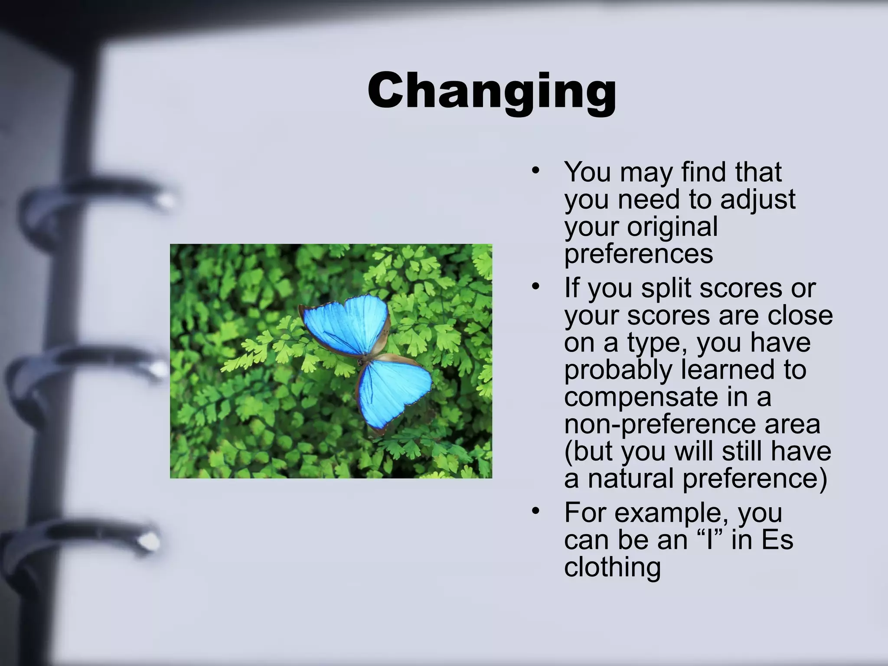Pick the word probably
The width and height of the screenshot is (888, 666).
[x=618, y=370]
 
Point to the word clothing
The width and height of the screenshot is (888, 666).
[x=612, y=567]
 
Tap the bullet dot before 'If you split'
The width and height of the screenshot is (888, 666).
[x=536, y=286]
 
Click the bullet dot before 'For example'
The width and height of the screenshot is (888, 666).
[x=536, y=511]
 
